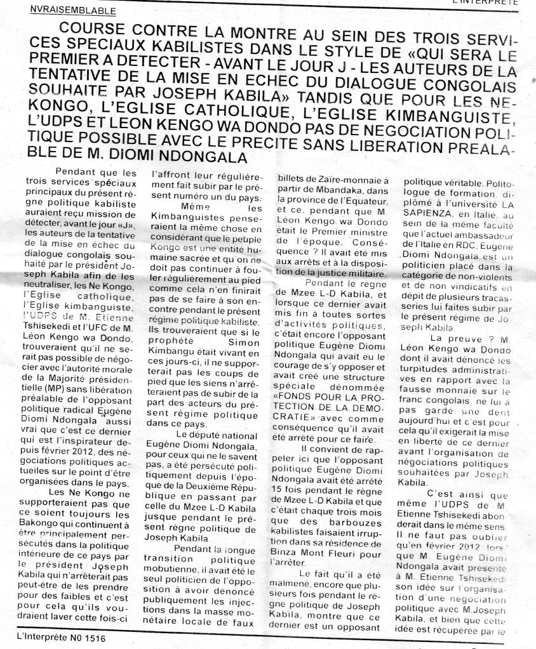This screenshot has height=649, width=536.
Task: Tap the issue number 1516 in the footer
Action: point(93,636)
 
